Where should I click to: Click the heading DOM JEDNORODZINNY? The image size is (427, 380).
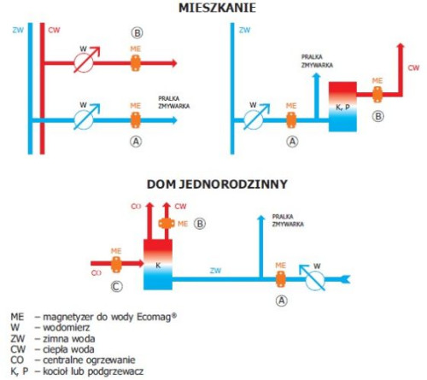pyautogui.click(x=216, y=184)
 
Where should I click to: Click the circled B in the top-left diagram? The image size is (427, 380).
pyautogui.click(x=135, y=32)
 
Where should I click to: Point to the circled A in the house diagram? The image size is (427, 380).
pyautogui.click(x=280, y=301)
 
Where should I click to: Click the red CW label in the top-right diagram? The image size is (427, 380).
pyautogui.click(x=413, y=67)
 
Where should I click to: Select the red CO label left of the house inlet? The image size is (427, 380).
pyautogui.click(x=85, y=273)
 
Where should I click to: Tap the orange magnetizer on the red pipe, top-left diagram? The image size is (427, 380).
pyautogui.click(x=135, y=62)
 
